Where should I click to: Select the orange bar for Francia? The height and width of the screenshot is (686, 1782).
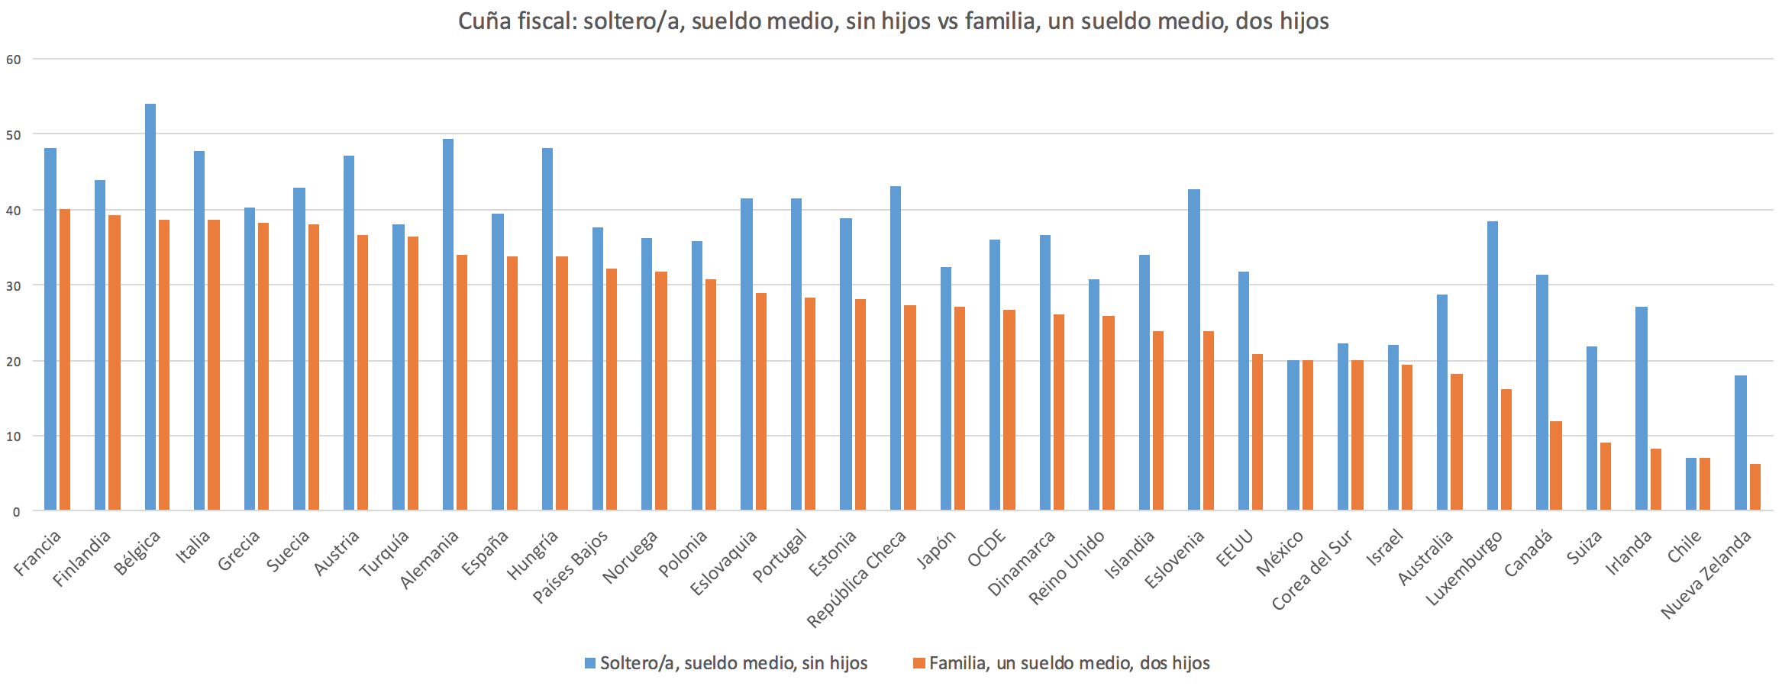[x=65, y=359]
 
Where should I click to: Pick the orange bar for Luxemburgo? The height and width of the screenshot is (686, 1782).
[x=1506, y=449]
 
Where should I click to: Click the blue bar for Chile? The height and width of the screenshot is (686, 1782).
[x=1691, y=484]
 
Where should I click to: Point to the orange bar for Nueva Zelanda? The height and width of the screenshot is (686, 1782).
[x=1755, y=487]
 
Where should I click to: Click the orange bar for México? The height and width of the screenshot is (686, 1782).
[x=1308, y=435]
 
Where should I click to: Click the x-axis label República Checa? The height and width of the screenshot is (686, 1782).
[x=856, y=579]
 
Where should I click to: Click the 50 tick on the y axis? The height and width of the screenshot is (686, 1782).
[x=13, y=134]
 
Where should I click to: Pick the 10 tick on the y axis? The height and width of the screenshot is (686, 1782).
[x=13, y=436]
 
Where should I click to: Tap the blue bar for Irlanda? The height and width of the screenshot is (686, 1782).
[x=1641, y=408]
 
